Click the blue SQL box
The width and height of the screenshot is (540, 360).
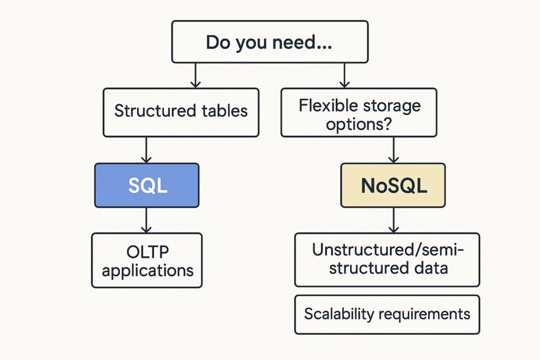click(147, 185)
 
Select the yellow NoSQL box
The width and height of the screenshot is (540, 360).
click(393, 185)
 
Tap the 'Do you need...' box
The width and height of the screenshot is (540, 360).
click(269, 42)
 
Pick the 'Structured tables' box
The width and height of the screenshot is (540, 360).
click(181, 112)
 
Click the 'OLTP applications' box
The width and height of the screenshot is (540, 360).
click(147, 260)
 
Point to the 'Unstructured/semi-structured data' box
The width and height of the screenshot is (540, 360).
click(387, 259)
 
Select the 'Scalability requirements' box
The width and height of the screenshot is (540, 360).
click(387, 315)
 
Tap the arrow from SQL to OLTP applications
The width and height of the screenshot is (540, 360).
click(147, 220)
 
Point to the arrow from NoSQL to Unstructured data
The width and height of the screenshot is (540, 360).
click(393, 220)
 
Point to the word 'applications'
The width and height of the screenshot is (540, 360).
click(148, 270)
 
